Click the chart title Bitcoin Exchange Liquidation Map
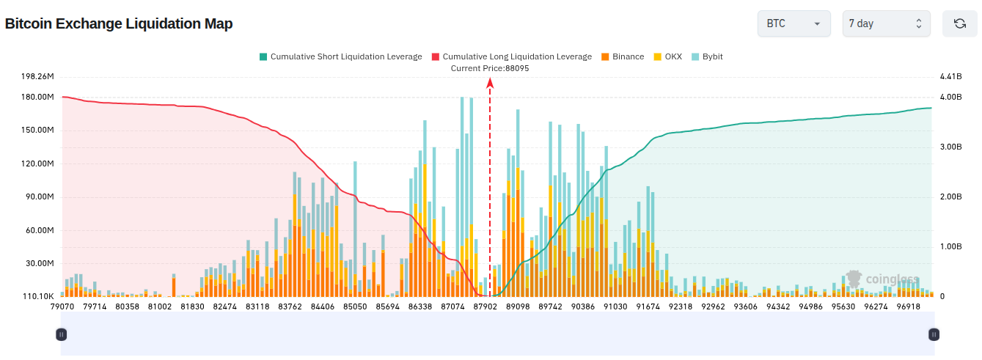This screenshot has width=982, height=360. pos(119,23)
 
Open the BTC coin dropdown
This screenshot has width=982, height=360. pos(794,23)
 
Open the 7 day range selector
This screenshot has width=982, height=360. pos(886,23)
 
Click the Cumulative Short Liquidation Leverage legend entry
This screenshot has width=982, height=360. pos(340,56)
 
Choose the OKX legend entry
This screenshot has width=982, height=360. pos(667,56)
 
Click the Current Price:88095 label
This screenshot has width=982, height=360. pos(490,68)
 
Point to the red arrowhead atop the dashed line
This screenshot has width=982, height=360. pos(490,83)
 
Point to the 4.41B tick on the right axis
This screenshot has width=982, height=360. pos(950,76)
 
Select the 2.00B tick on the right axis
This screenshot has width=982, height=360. pos(950,196)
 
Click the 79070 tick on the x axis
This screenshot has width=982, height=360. pos(62,306)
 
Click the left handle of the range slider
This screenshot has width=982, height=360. pos(62,334)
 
